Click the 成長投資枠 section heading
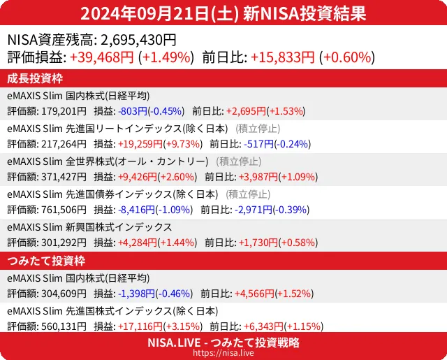pyautogui.click(x=36, y=78)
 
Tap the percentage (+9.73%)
pyautogui.click(x=182, y=144)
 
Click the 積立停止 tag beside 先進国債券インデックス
pyautogui.click(x=249, y=194)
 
